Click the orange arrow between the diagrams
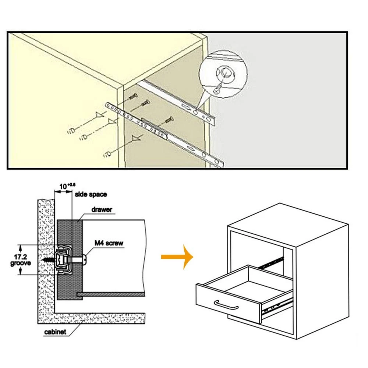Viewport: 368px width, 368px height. click(x=177, y=256)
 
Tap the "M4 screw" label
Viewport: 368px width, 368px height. click(x=109, y=243)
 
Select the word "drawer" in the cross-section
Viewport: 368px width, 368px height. click(x=102, y=210)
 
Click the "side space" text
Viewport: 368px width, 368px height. click(x=91, y=194)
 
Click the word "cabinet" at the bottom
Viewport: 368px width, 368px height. click(x=55, y=332)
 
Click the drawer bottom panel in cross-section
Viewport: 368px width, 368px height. click(x=110, y=294)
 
